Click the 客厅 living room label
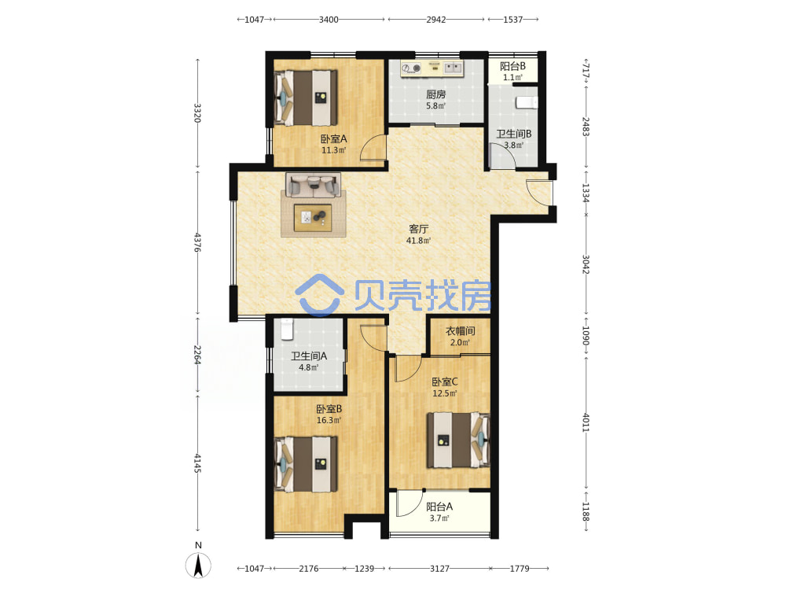(419, 229)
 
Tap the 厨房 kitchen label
(435, 94)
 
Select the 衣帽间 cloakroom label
(460, 331)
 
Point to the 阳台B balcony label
(512, 66)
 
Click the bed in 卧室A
(307, 98)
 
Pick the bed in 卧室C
(458, 440)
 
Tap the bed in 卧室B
(307, 464)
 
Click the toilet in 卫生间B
(527, 102)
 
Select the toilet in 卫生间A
(287, 330)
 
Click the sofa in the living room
(314, 186)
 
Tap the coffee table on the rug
(313, 218)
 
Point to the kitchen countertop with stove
(432, 68)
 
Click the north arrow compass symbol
(199, 566)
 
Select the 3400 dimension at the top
(329, 20)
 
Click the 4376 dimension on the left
(197, 242)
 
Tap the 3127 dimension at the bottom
(439, 569)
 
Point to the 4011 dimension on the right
(586, 422)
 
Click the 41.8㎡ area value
(419, 241)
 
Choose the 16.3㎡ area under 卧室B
(329, 420)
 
